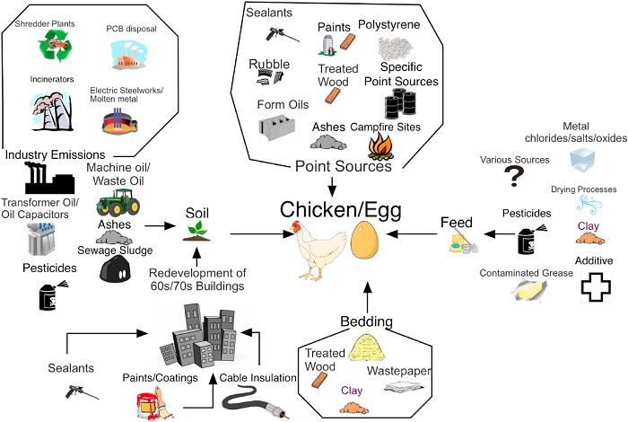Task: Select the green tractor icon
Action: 117,198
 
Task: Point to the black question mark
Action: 515,177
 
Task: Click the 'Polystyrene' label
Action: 388,24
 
